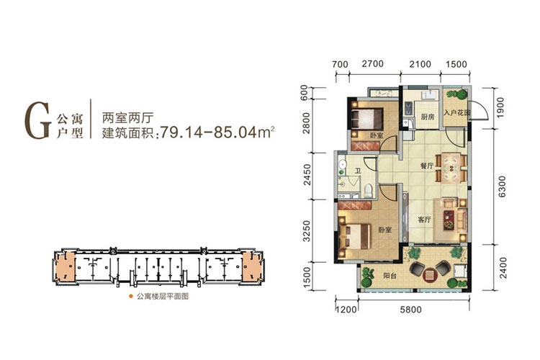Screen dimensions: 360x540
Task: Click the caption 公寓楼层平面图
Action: click(158, 297)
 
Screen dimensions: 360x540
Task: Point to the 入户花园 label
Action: click(456, 113)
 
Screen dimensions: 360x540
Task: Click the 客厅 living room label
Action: click(423, 220)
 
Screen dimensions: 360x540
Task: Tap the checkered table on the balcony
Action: click(429, 273)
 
